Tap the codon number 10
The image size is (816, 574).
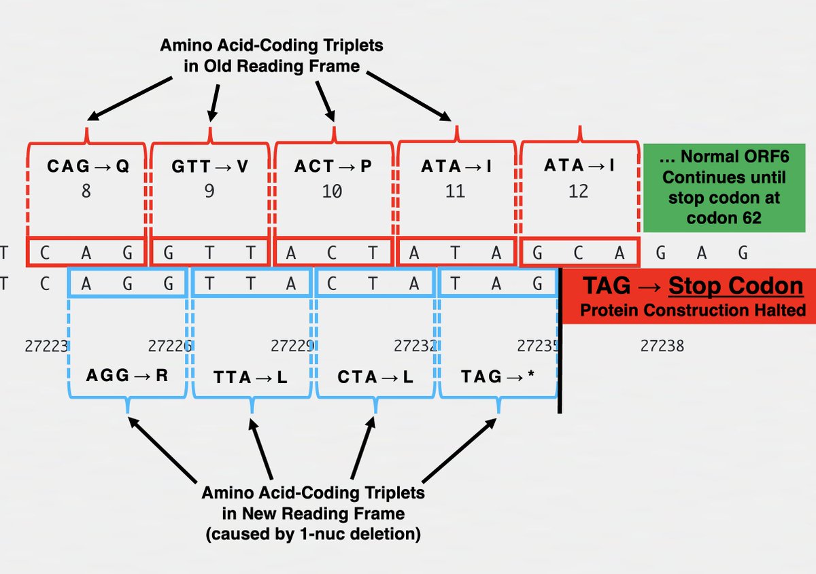(332, 192)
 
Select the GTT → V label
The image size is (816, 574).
(209, 166)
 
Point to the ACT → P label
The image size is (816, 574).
(333, 166)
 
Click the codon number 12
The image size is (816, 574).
(579, 192)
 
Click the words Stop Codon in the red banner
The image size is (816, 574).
(736, 286)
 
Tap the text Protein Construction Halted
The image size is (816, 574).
(692, 310)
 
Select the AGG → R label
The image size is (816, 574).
(127, 375)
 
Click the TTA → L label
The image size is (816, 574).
(251, 377)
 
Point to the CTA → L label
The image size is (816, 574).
(375, 377)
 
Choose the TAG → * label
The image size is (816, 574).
(498, 377)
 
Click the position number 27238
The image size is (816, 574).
(662, 346)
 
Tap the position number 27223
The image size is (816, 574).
(46, 346)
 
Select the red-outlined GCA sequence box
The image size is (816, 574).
(579, 253)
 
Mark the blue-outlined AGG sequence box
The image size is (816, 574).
(127, 284)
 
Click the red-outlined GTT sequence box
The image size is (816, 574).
(209, 253)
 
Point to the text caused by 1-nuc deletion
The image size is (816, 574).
(313, 534)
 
